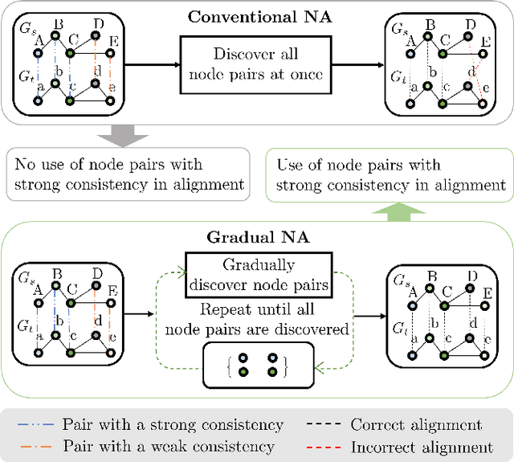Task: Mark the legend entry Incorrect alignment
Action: click(420, 447)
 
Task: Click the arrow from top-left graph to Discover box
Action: click(151, 64)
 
